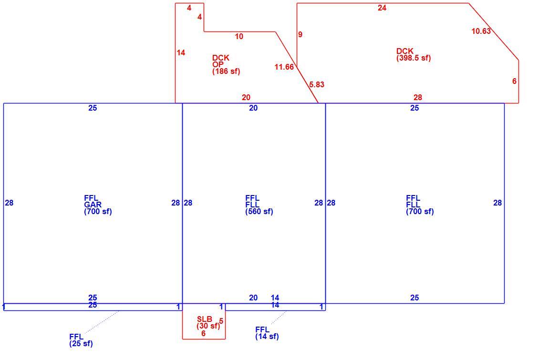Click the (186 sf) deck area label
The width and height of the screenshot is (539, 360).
226,72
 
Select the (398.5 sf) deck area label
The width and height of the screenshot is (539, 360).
414,58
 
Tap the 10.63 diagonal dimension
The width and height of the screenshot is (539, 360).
481,31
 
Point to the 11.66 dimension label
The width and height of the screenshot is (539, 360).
284,67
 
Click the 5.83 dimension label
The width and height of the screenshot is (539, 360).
317,84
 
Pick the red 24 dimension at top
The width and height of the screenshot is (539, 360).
382,8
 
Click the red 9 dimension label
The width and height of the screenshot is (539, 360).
300,35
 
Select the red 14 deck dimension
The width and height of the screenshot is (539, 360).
181,52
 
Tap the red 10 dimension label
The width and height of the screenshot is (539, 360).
239,36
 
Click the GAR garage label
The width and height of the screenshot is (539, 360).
93,205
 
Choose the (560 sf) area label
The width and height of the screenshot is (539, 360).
259,212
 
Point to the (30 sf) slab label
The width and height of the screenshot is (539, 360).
208,326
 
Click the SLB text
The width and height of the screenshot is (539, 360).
205,319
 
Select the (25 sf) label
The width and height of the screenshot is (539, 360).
81,343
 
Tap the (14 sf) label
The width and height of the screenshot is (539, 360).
267,336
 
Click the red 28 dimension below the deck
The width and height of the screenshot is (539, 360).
418,98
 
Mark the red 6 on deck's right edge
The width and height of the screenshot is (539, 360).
514,82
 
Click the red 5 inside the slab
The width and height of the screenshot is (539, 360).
221,321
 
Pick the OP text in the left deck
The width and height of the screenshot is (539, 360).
218,64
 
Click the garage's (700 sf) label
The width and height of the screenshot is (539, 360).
98,212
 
